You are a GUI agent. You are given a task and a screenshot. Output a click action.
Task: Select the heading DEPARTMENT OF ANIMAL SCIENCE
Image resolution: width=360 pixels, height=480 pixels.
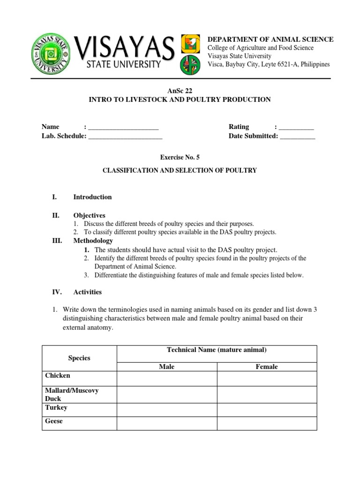[270, 39]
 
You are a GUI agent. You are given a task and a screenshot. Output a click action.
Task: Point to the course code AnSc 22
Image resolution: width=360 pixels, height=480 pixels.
[180, 90]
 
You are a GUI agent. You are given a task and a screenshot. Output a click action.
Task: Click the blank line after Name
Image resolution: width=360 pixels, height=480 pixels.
[123, 127]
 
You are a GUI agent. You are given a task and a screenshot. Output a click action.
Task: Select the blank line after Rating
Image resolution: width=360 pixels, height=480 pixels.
[296, 127]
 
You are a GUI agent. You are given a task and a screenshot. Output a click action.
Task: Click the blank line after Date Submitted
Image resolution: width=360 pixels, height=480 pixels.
[298, 136]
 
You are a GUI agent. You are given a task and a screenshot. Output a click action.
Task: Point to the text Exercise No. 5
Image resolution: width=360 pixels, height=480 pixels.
[180, 157]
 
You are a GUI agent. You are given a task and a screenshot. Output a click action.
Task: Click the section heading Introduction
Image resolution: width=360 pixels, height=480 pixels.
[92, 197]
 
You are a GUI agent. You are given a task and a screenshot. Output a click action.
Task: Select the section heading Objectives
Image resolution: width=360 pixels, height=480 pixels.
[89, 215]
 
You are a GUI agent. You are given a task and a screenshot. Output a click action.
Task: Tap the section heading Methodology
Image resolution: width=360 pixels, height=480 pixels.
[93, 240]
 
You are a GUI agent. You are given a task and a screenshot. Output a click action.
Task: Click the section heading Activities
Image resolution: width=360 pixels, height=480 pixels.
[87, 292]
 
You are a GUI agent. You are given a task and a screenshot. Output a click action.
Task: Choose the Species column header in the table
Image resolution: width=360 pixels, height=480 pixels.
[79, 358]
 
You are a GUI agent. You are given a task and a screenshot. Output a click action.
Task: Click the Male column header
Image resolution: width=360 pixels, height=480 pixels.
[166, 367]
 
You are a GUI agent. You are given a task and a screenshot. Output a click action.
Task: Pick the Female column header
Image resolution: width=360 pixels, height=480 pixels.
[266, 367]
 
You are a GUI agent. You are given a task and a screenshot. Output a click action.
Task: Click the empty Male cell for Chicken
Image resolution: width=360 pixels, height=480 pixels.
[166, 378]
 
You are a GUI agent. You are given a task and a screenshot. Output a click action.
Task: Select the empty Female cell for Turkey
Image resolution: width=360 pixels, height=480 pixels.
[266, 410]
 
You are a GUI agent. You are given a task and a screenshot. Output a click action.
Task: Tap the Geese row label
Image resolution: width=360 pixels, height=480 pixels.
[54, 421]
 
